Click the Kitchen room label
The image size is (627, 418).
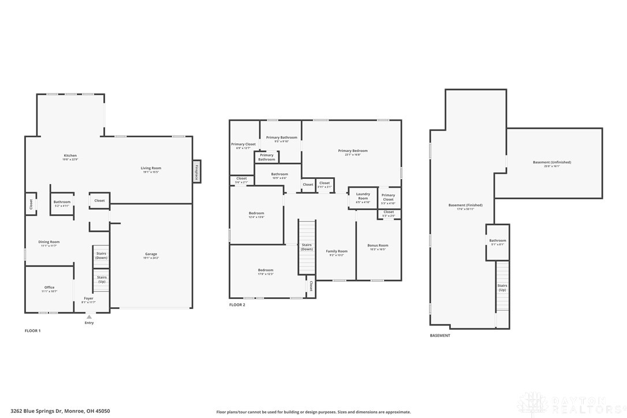(x=70, y=156)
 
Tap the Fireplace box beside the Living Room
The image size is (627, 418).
(x=196, y=173)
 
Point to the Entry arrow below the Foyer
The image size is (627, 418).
(x=89, y=317)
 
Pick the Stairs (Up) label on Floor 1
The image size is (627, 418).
(x=102, y=279)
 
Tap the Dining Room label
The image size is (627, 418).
(x=50, y=243)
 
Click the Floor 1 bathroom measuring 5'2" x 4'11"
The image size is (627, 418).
(x=62, y=203)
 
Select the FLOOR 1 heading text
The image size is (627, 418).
(x=33, y=331)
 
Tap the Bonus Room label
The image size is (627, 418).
(x=378, y=247)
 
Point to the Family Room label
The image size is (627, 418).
(x=337, y=252)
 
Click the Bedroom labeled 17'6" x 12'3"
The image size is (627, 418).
(x=266, y=271)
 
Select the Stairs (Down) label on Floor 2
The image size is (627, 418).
(x=307, y=247)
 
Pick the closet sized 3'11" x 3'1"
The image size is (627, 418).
(x=324, y=185)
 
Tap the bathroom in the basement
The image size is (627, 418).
(x=497, y=242)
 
